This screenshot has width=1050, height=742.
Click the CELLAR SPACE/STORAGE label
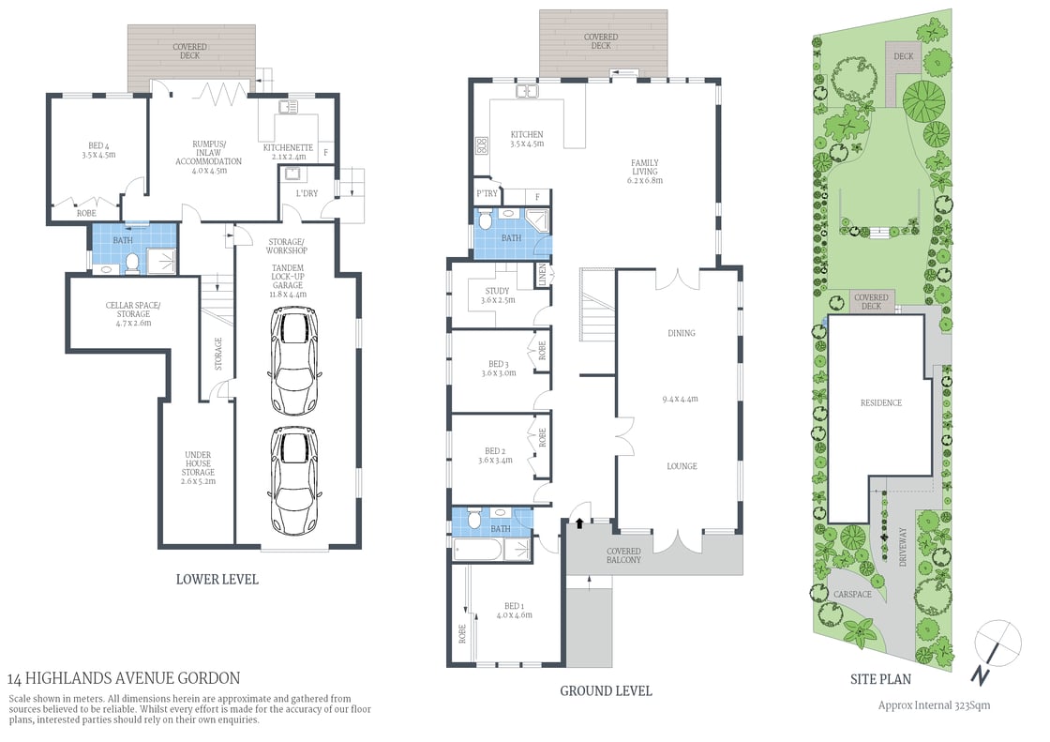pos(133,313)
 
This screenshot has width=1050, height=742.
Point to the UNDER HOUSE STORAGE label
pos(198,467)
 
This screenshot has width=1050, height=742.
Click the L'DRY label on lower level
pos(307,193)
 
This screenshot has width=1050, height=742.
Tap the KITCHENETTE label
pos(288,152)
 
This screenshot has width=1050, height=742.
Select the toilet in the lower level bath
pos(132,264)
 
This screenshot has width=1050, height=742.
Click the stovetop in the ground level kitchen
pos(483,145)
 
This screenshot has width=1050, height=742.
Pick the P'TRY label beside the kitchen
pos(486,195)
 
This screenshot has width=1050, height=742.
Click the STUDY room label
pos(497,295)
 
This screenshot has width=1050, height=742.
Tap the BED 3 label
pos(498,369)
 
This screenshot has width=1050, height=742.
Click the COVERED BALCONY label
pos(623,555)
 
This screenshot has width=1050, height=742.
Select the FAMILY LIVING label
pos(645,172)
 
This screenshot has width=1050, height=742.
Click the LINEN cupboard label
pos(542,275)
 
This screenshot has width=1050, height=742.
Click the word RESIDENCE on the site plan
pos(880,402)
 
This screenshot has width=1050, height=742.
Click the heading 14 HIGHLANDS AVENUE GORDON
pos(124,677)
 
